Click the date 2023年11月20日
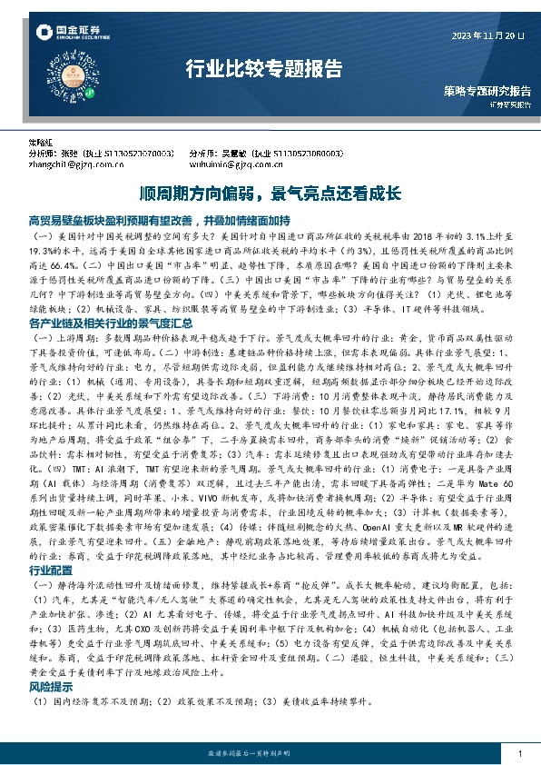point(489,35)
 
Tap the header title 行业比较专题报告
point(264,69)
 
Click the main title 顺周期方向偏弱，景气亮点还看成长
point(270,194)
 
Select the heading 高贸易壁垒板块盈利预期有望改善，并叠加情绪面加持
point(160,221)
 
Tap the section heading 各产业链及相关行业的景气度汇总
point(111,323)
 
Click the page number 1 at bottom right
point(518,750)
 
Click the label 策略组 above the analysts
point(41,145)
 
